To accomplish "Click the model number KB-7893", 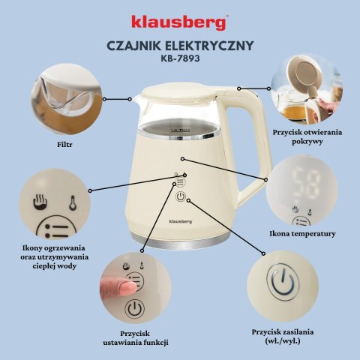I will pyautogui.click(x=180, y=57).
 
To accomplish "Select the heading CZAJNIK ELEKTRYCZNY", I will pyautogui.click(x=180, y=44).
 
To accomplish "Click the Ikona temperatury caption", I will pyautogui.click(x=302, y=233).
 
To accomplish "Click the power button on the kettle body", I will pyautogui.click(x=180, y=197).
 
